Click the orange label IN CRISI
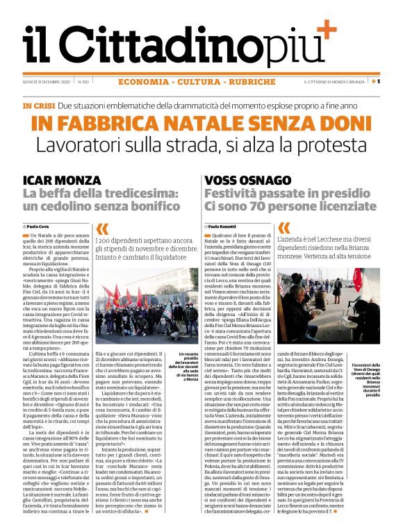pyautogui.click(x=39, y=106)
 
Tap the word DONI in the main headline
pyautogui.click(x=347, y=123)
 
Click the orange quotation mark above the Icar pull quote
pyautogui.click(x=102, y=228)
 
